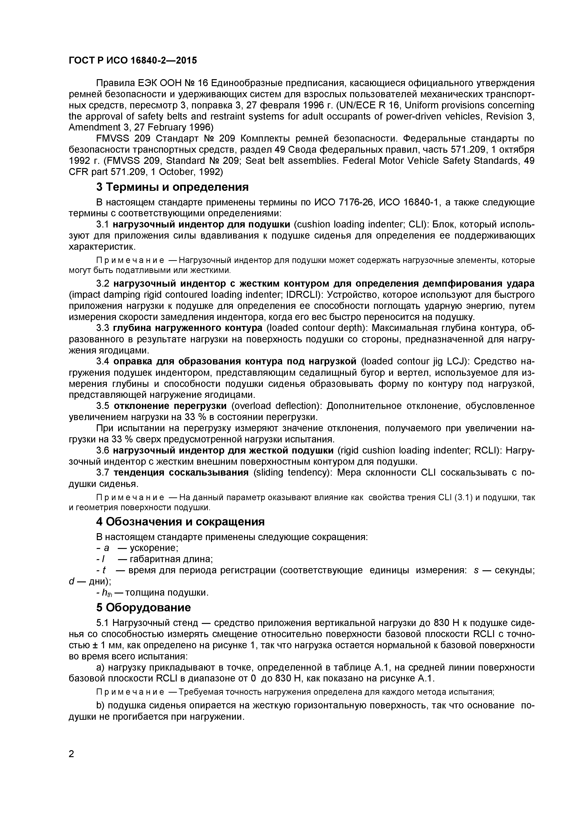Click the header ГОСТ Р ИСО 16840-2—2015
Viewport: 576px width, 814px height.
(133, 61)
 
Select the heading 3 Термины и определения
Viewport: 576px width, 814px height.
(172, 187)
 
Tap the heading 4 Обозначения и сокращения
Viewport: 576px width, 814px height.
(181, 522)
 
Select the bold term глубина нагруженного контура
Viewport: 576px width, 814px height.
(188, 328)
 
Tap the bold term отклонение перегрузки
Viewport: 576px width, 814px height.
(170, 405)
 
